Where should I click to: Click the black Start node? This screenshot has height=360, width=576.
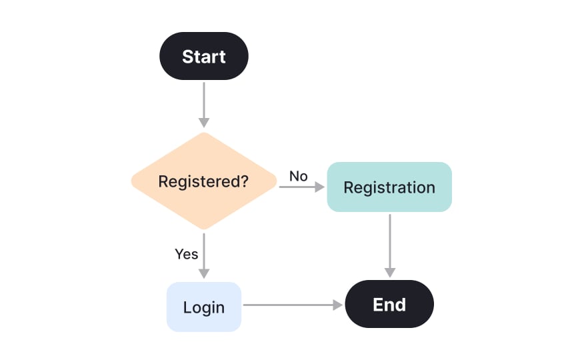[x=203, y=57]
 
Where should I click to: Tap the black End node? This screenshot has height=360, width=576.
[x=389, y=305]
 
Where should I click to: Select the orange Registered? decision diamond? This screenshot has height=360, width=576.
[x=203, y=181]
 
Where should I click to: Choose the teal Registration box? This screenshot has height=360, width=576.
[x=389, y=187]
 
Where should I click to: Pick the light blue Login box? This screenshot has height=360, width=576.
[x=203, y=307]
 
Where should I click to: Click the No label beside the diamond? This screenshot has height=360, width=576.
[x=298, y=176]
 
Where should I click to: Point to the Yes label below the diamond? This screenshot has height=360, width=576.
[x=187, y=254]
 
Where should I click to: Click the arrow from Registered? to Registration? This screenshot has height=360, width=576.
[x=300, y=188]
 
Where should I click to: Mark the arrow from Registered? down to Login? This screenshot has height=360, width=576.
[x=203, y=253]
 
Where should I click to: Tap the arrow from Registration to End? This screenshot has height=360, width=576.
[x=389, y=243]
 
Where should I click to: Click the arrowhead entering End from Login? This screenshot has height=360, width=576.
[x=337, y=305]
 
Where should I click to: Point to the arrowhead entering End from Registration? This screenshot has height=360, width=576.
[x=389, y=273]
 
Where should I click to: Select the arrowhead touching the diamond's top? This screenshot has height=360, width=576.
[x=203, y=123]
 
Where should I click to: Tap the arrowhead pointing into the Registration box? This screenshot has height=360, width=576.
[x=319, y=188]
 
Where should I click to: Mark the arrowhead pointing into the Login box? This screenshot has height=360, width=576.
[x=203, y=273]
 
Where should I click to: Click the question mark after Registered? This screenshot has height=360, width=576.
[x=244, y=181]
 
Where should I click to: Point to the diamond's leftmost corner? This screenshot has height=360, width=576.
[x=132, y=181]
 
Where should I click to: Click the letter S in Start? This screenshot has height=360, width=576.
[x=187, y=57]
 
